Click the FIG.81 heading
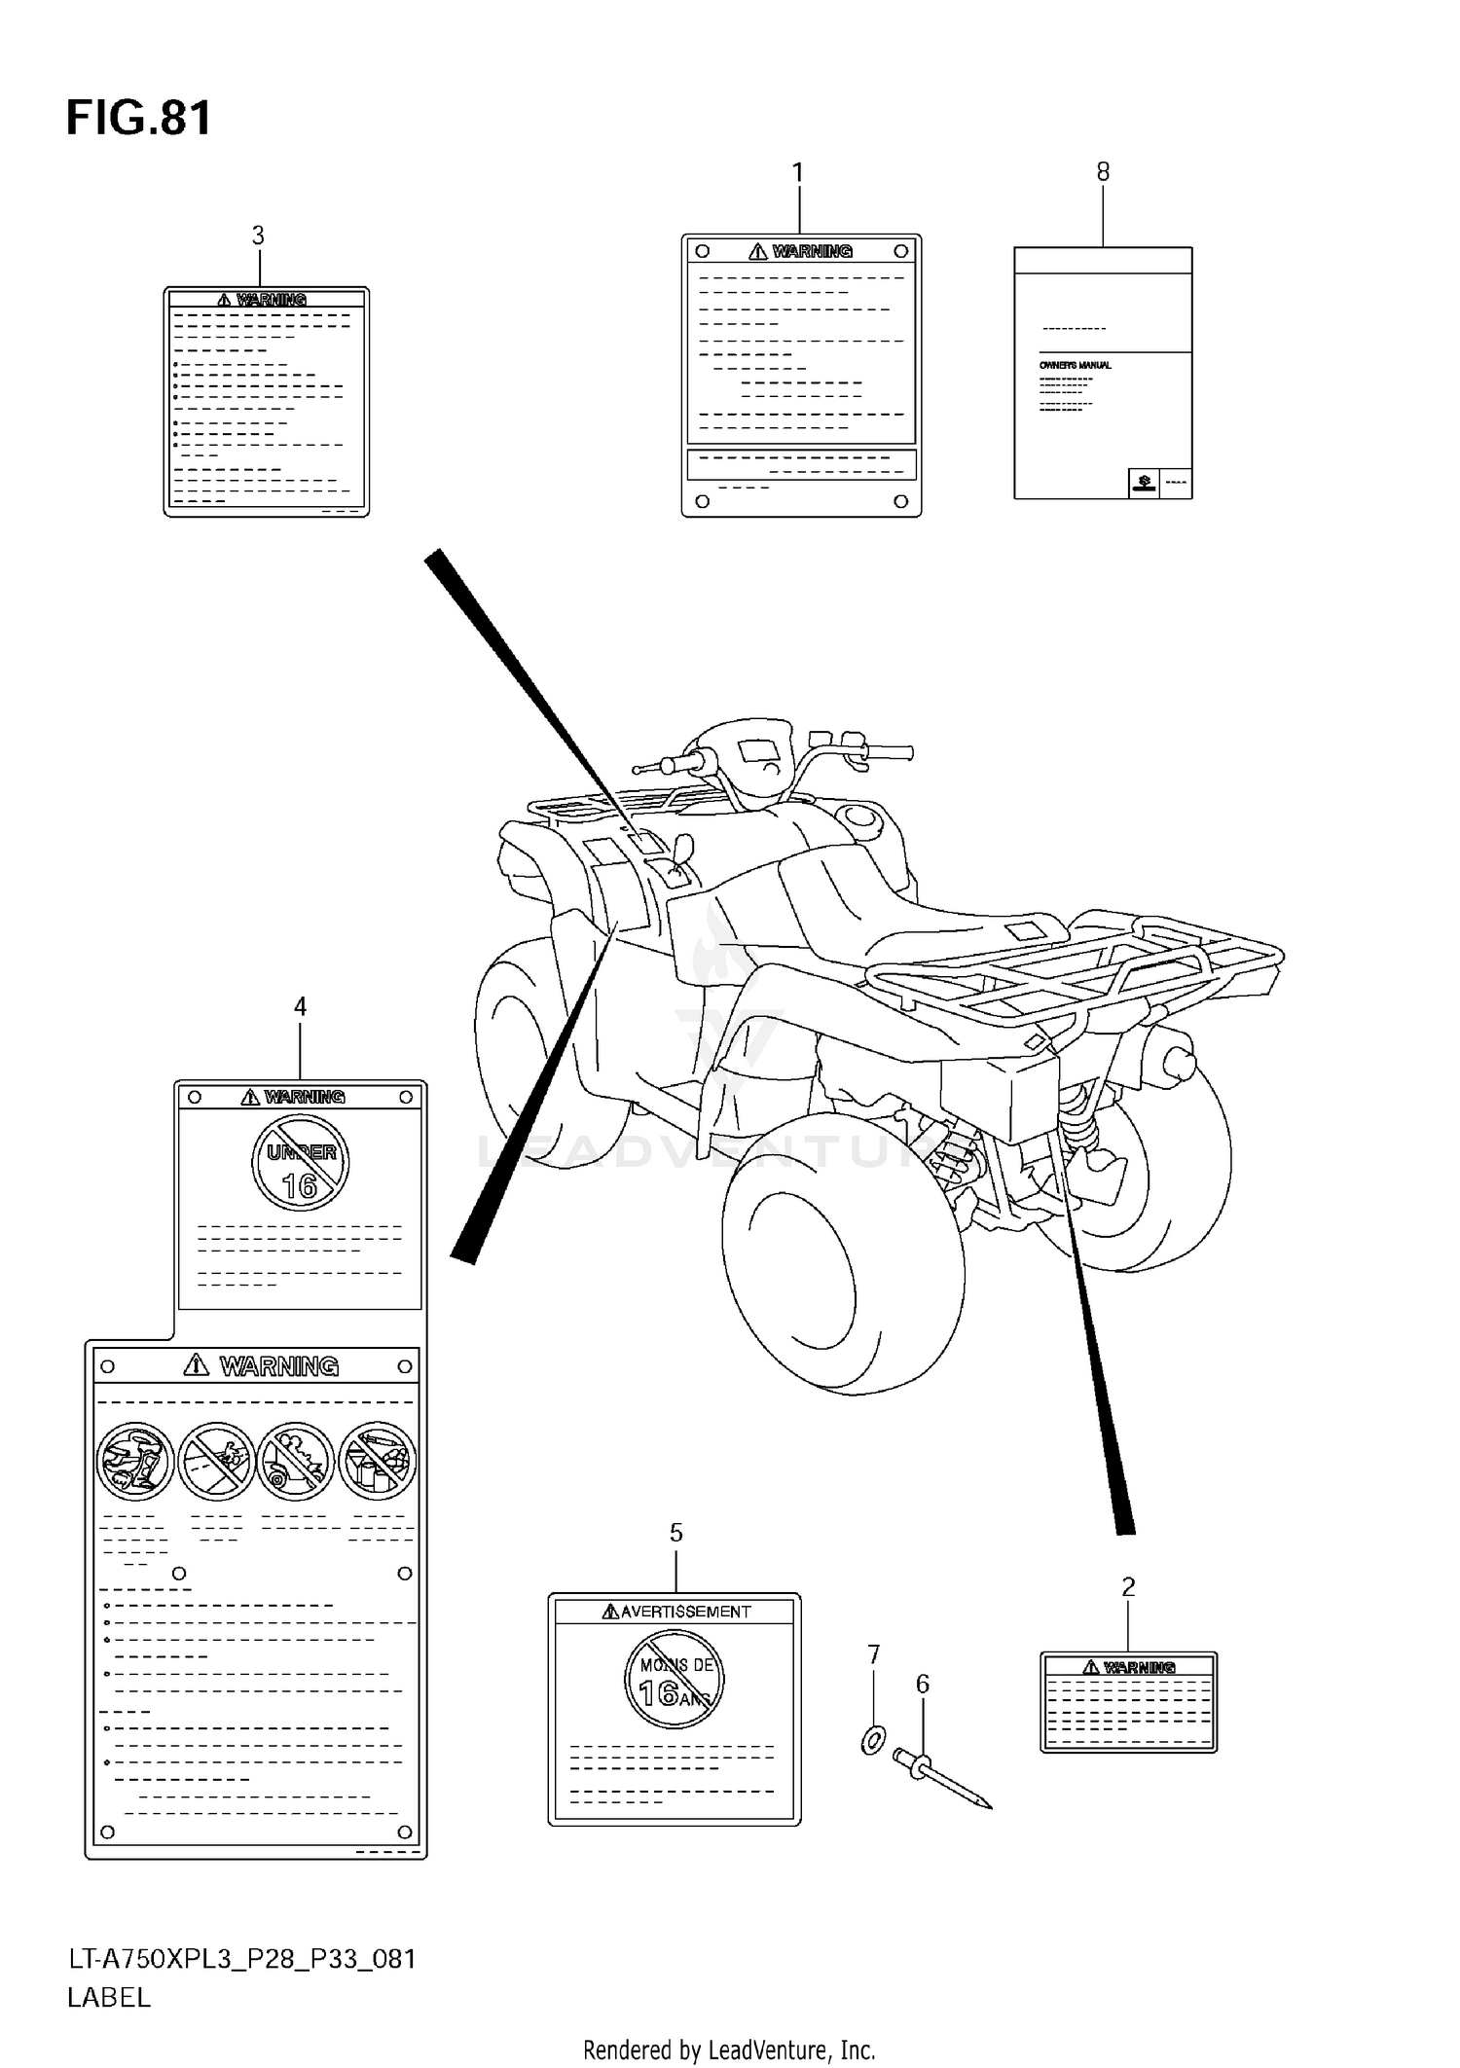point(138,119)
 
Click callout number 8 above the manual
point(1102,172)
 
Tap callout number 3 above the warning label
point(258,236)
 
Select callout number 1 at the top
point(798,173)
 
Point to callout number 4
point(300,1007)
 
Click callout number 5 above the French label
point(675,1533)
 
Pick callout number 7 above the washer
point(873,1654)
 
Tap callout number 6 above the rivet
point(922,1684)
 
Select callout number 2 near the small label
point(1128,1587)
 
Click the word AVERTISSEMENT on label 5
point(684,1612)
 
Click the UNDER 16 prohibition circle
point(300,1163)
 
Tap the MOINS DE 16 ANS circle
point(675,1681)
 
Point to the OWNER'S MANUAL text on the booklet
point(1075,365)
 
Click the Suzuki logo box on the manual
point(1143,483)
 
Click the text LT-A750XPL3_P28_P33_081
point(241,1959)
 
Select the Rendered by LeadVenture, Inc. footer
point(729,2050)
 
